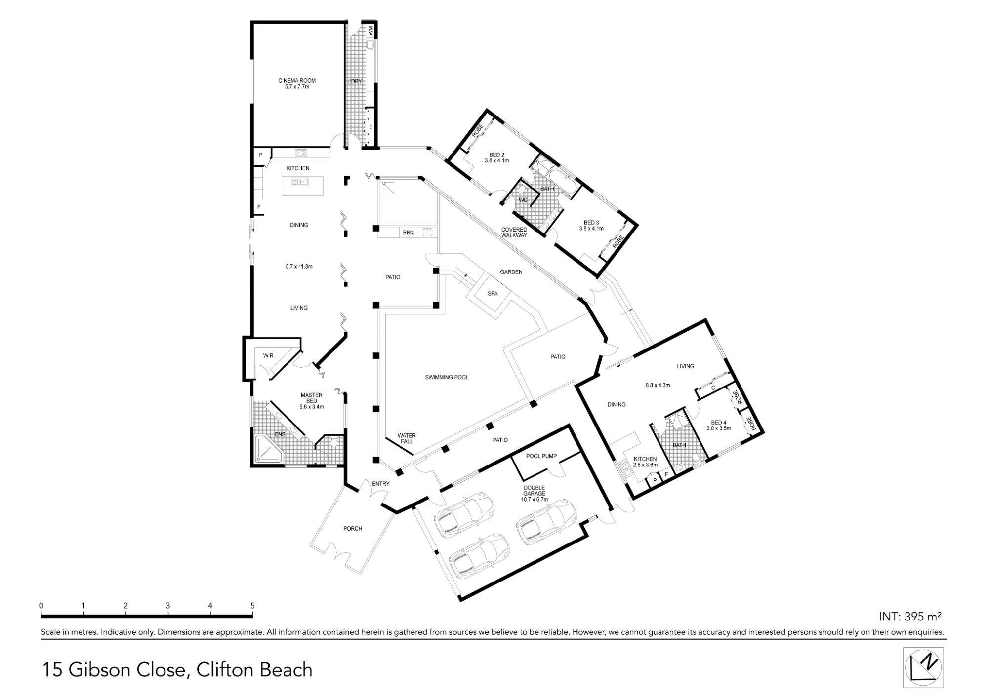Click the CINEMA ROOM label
coord(297,81)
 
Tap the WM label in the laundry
coord(370,31)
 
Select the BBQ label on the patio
coord(408,233)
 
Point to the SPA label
coord(493,294)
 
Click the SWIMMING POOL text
coord(447,377)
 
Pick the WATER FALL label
coord(407,438)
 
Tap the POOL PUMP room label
coord(541,456)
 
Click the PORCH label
coord(353,529)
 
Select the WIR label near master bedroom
coord(268,355)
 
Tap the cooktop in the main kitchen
coord(301,153)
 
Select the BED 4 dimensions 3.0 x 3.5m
coord(718,428)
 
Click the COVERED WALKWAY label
coord(514,233)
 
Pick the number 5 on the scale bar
coord(252,606)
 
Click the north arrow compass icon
coord(923,667)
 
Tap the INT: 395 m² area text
coord(910,616)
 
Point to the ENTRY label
coord(380,484)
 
